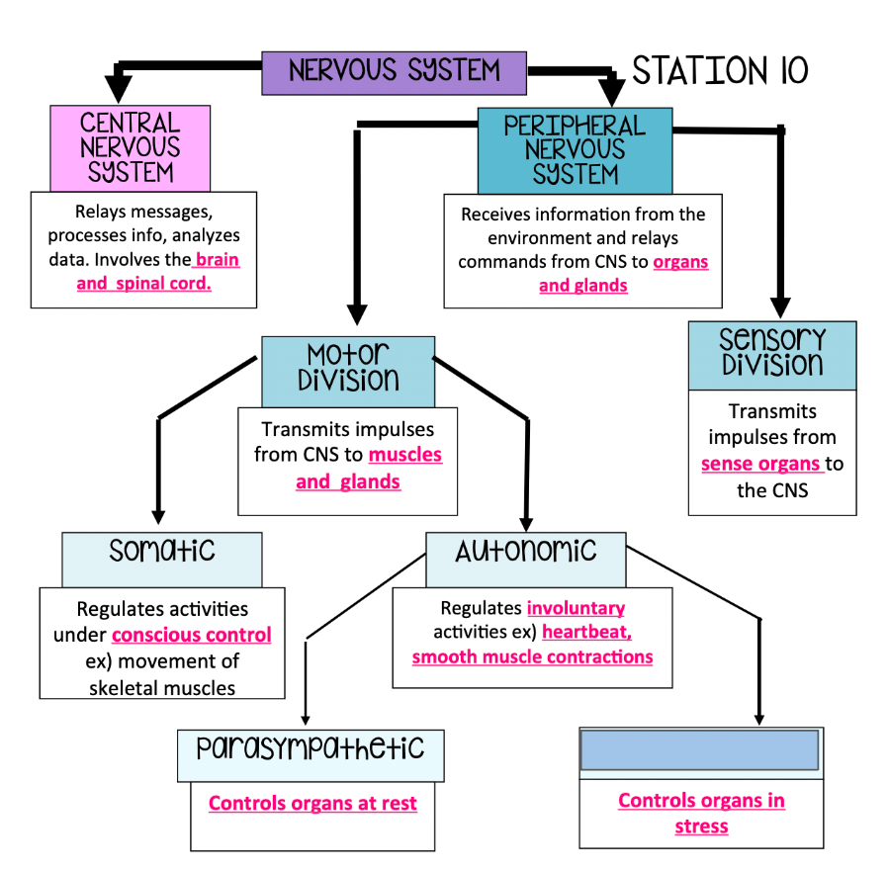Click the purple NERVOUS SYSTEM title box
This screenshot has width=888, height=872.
coord(395,72)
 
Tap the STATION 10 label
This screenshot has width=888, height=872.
coord(720,70)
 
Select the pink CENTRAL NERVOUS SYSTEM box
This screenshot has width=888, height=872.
coord(131,148)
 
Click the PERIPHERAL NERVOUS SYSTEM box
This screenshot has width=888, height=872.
coord(575,150)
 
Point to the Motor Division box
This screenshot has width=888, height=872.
coord(347,370)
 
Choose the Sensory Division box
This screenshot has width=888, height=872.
coord(771,354)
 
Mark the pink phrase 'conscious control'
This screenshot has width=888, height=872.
coord(192,635)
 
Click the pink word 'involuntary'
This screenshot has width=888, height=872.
coord(576,608)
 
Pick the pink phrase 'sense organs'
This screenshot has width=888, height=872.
coord(761,464)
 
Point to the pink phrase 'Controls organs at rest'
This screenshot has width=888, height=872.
coord(312,803)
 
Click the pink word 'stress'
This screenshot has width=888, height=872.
coord(701,826)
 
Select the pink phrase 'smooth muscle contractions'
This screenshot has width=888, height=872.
coord(532,656)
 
